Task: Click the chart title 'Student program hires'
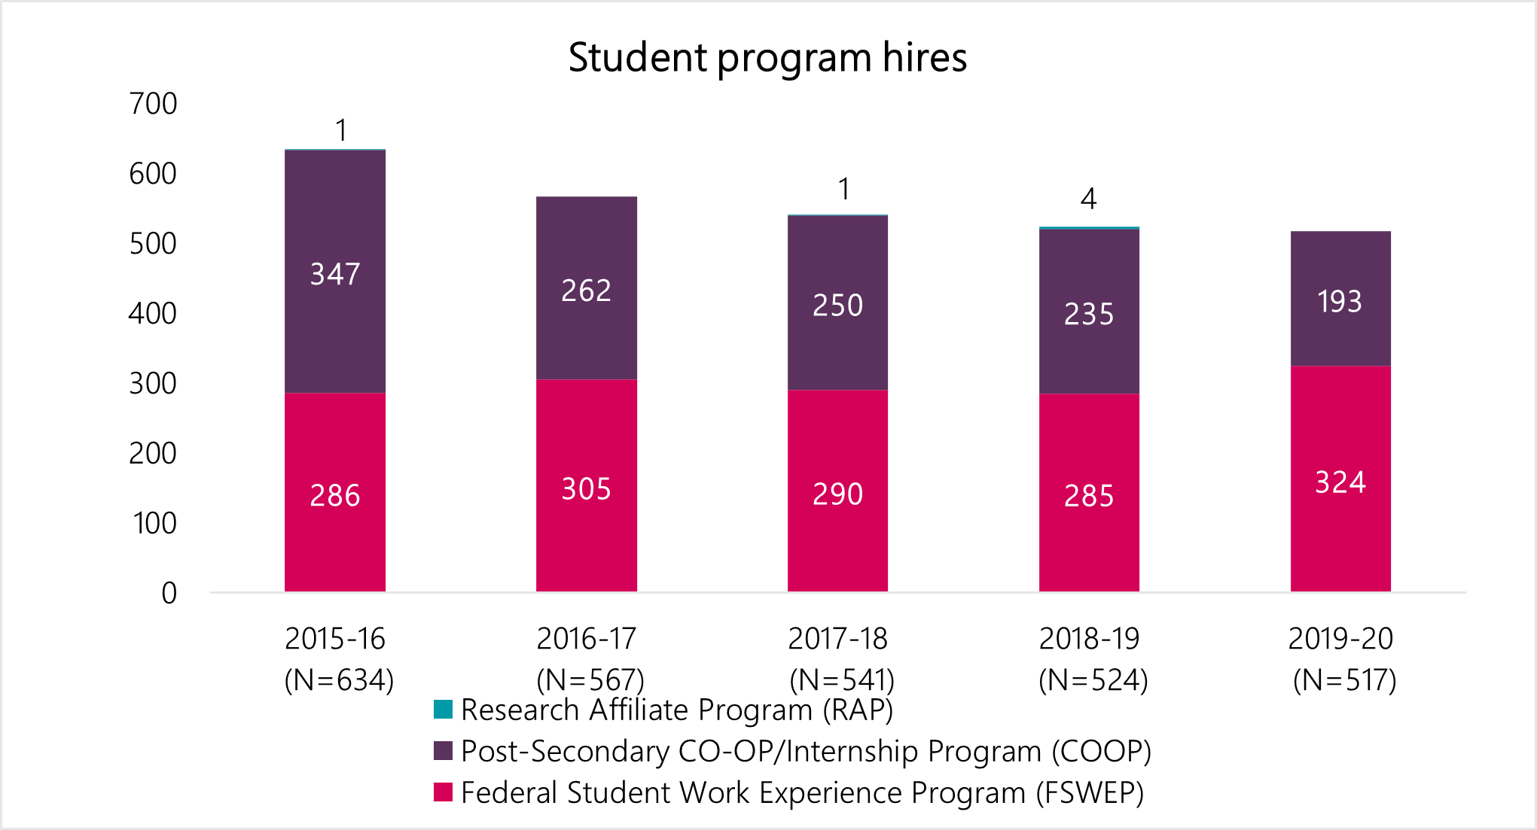(767, 58)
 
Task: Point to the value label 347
(335, 274)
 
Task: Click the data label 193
(1340, 302)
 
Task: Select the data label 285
(1089, 496)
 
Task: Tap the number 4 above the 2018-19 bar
(1088, 199)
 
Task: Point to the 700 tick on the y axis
(153, 104)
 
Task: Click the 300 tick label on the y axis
(153, 384)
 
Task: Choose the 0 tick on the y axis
(169, 594)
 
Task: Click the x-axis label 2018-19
(1089, 639)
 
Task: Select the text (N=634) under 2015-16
(339, 680)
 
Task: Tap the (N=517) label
(1344, 680)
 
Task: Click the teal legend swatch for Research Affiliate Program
(443, 710)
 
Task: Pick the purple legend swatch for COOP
(443, 751)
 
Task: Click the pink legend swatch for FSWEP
(443, 792)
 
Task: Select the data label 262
(586, 290)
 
